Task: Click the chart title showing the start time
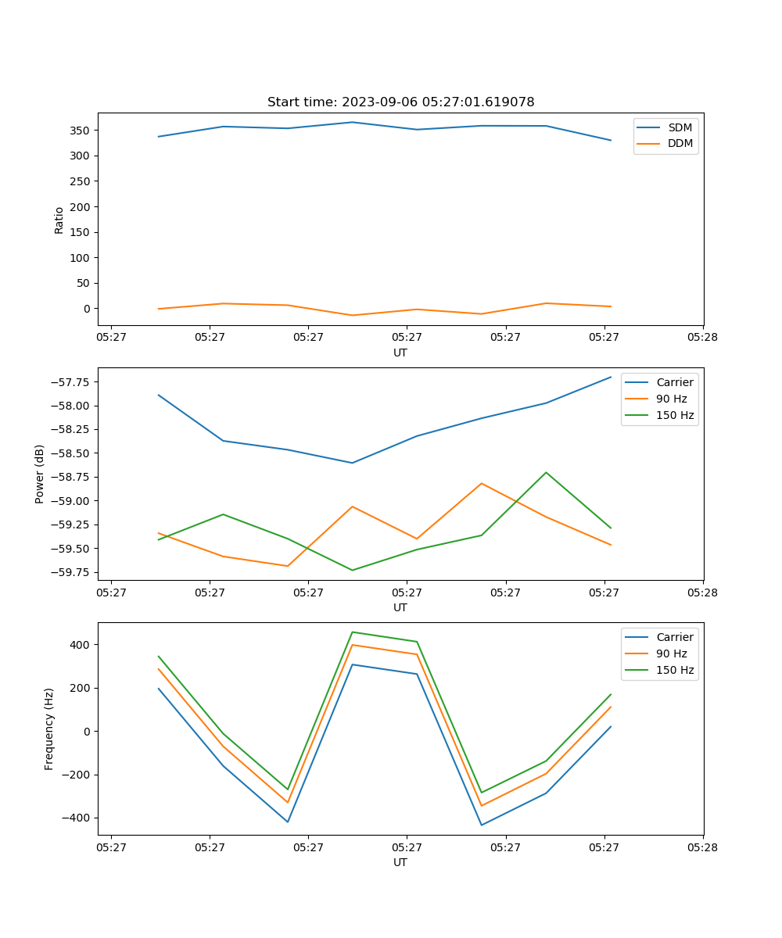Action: pos(400,102)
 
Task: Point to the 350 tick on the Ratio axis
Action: pos(82,131)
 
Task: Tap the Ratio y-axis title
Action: pos(59,220)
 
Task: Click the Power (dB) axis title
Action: pos(40,474)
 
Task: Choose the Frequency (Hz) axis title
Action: pos(49,729)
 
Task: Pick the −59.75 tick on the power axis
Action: pos(71,572)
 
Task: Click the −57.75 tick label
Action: pos(71,382)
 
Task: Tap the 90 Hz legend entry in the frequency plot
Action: pos(671,653)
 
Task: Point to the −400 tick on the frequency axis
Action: pos(77,818)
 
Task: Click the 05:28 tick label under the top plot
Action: pos(702,338)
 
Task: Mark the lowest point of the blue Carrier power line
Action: pos(352,463)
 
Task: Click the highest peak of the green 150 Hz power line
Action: pos(546,472)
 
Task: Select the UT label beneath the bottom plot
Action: pos(400,862)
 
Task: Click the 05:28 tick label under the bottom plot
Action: pos(702,847)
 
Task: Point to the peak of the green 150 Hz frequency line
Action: pos(352,632)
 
